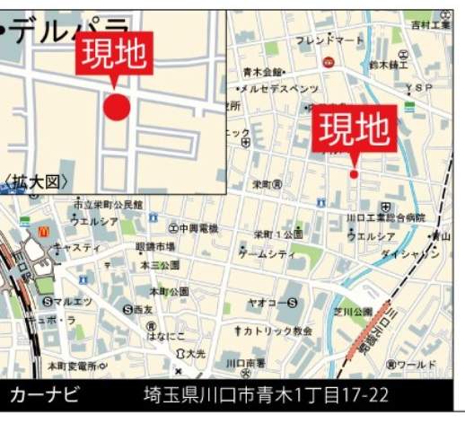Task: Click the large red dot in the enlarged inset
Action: click(117, 107)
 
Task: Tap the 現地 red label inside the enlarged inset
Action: click(113, 57)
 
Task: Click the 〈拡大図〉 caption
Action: click(36, 181)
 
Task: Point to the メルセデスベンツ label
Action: click(277, 89)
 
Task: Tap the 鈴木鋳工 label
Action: click(389, 66)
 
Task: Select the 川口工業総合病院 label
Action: click(385, 217)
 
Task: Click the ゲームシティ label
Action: click(267, 254)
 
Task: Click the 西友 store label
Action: click(144, 309)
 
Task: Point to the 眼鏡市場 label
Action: click(155, 246)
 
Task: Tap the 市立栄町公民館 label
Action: click(108, 204)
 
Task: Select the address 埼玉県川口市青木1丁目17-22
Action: click(267, 394)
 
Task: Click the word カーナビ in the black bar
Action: click(45, 394)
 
